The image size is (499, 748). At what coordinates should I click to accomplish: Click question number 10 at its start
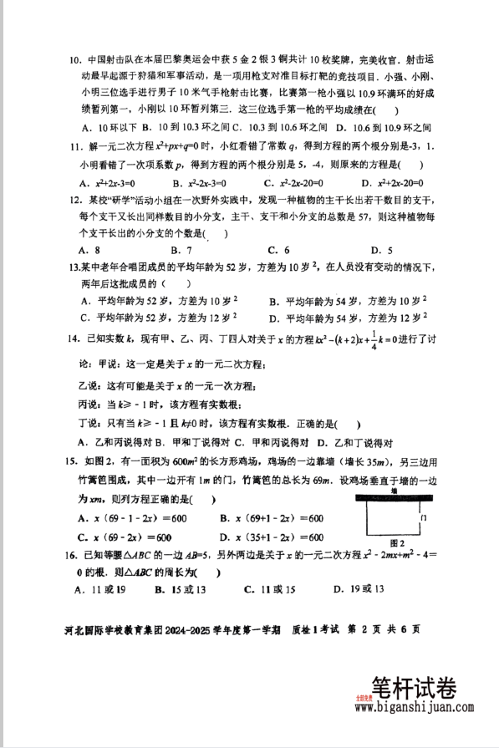click(73, 61)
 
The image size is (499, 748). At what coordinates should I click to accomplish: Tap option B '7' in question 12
click(181, 250)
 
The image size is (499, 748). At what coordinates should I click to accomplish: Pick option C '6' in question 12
click(278, 250)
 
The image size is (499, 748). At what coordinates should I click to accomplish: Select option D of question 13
click(348, 318)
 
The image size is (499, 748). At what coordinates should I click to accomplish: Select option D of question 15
click(271, 537)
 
